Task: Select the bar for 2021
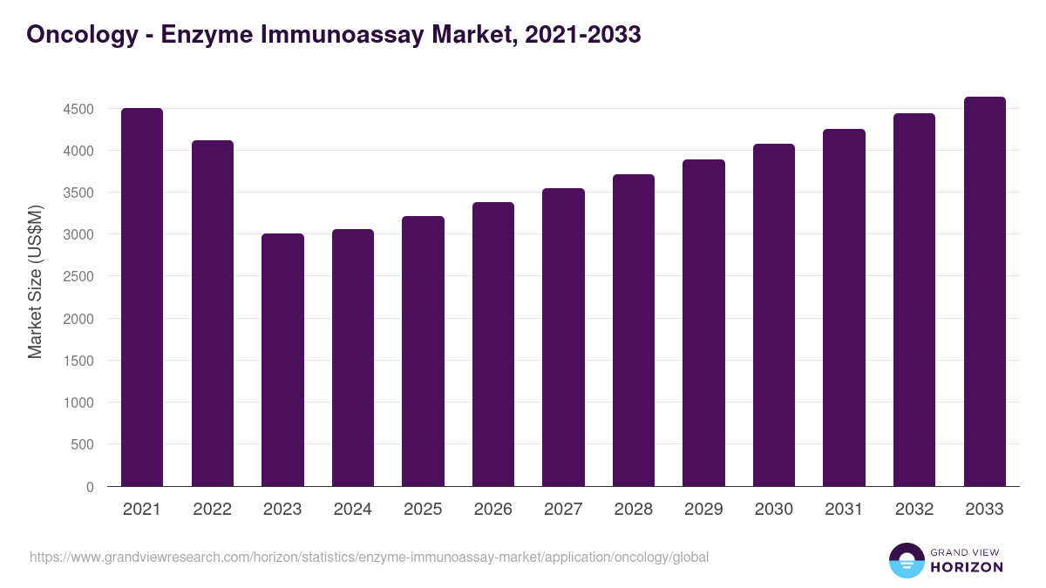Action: coord(142,297)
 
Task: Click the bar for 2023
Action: coord(282,360)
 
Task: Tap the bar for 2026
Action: coord(493,344)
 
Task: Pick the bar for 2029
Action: coord(703,323)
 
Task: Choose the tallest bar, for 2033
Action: coord(984,292)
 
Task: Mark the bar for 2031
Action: coord(844,308)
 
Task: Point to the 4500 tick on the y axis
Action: coord(78,110)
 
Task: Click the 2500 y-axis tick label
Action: coord(78,277)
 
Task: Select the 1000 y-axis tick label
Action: coord(78,403)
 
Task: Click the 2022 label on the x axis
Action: coord(212,510)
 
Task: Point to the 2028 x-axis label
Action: coord(634,510)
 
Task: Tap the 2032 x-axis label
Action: coord(914,510)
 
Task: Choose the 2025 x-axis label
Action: coord(423,510)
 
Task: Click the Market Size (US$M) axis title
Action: coord(35,280)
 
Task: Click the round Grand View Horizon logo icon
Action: coord(906,560)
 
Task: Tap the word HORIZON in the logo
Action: coord(967,567)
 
